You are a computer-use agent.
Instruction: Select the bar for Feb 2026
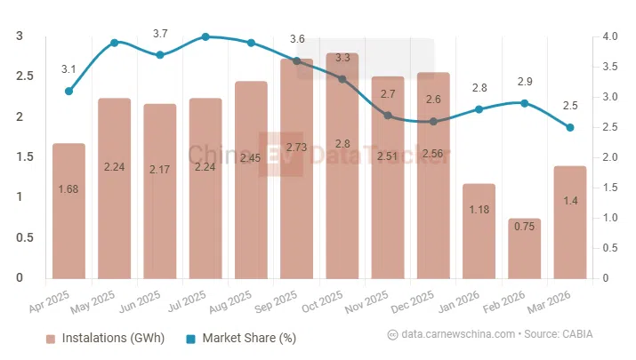(525, 249)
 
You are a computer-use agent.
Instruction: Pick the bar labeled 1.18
(479, 231)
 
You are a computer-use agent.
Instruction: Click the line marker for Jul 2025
(205, 36)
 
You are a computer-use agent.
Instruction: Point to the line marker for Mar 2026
(570, 127)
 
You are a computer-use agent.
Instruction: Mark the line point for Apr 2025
(68, 91)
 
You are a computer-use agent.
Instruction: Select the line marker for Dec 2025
(433, 122)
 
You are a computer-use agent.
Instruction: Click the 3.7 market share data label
(160, 34)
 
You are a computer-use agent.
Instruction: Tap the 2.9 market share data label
(525, 82)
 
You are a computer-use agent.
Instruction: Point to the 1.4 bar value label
(570, 202)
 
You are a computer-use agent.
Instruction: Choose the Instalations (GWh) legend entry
(98, 338)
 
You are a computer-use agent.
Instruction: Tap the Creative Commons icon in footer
(392, 334)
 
